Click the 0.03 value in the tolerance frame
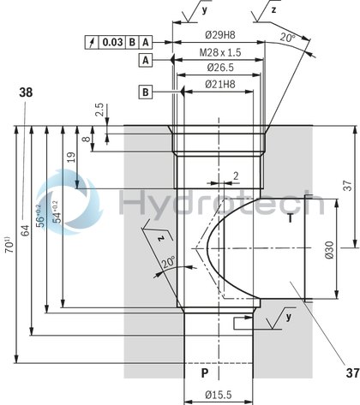[x=112, y=41]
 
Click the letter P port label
[x=204, y=373]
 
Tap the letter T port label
[x=290, y=217]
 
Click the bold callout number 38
[x=26, y=93]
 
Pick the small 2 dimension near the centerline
[x=235, y=176]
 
